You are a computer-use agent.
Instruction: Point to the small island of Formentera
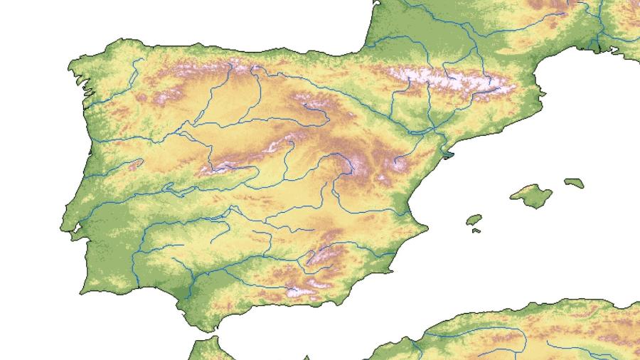(476, 231)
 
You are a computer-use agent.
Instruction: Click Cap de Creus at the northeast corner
(544, 92)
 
